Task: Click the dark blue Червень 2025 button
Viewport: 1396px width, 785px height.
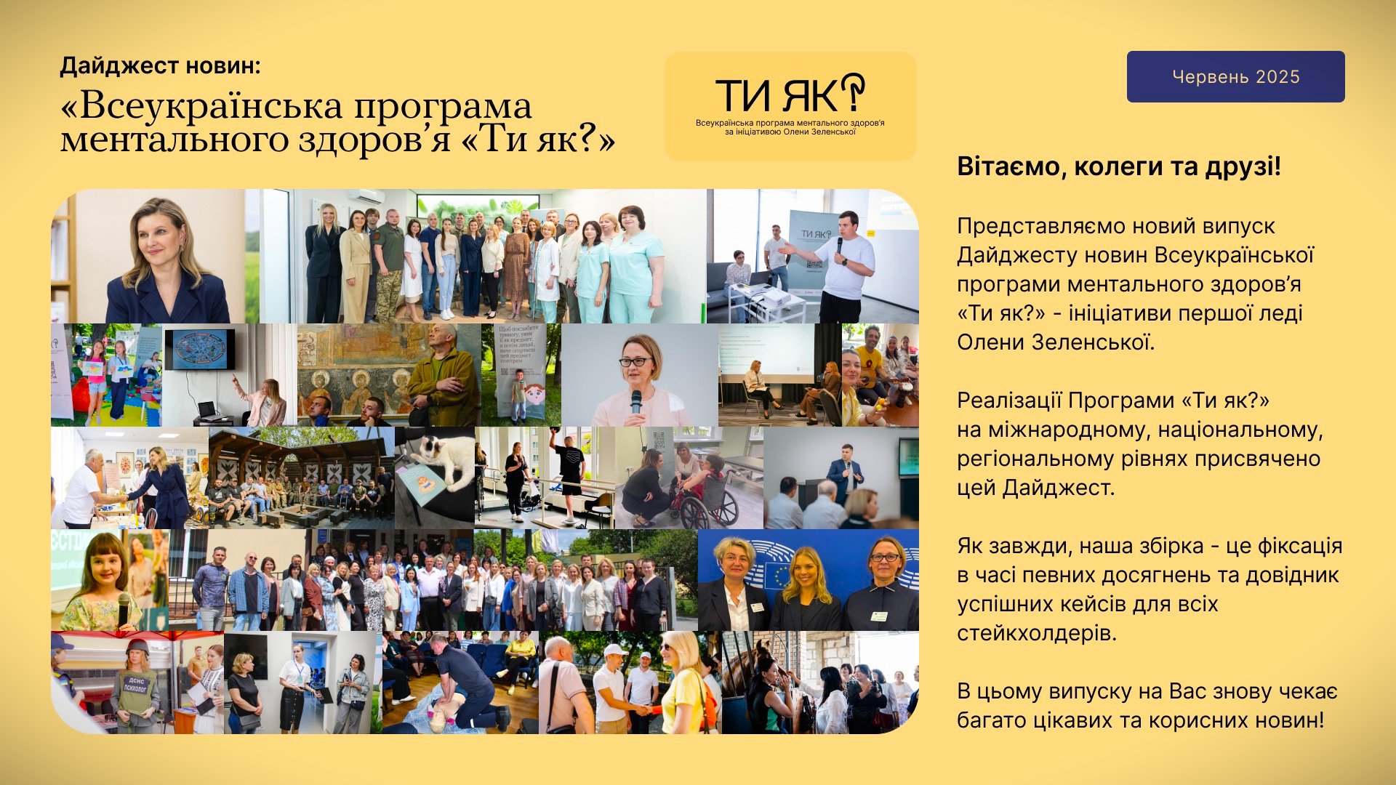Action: [x=1235, y=76]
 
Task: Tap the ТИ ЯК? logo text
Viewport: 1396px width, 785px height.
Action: [x=790, y=94]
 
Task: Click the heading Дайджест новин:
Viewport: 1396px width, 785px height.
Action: [x=160, y=66]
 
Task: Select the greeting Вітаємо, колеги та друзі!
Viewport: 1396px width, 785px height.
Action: [x=1119, y=166]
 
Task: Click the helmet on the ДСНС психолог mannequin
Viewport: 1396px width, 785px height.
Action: [x=137, y=648]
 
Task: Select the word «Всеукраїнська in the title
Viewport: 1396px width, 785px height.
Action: [x=202, y=107]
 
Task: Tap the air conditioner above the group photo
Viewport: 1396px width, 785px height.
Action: [x=366, y=196]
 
